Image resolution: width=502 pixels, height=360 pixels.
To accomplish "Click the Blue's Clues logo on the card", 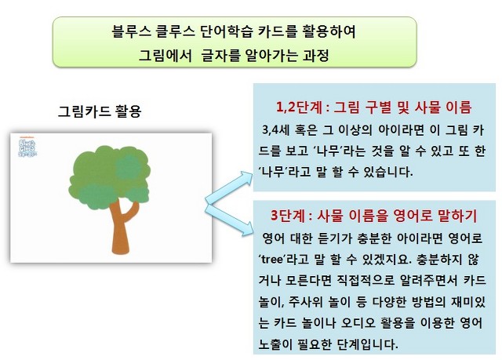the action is pos(28,147).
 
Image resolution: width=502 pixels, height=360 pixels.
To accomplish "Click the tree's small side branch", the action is pos(131,211).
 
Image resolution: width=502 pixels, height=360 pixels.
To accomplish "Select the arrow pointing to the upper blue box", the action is pos(229,187).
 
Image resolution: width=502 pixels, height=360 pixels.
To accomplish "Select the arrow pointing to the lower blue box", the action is pos(229,220).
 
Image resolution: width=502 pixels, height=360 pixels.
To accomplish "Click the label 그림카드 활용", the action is pos(100,111).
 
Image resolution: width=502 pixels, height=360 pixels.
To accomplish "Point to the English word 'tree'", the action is pos(272,259).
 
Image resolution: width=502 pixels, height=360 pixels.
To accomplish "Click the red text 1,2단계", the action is pos(299,107).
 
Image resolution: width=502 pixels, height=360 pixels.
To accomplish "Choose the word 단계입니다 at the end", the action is pos(368,344).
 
